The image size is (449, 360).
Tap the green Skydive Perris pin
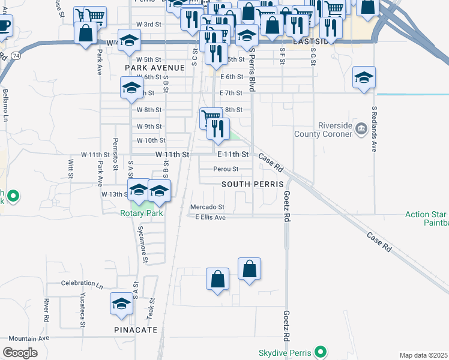pos(321,352)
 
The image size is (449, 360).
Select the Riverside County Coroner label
pos(323,130)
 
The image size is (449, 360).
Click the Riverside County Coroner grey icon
pos(361,127)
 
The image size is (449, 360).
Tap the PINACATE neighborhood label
pos(136,330)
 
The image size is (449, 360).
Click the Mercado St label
pos(207,207)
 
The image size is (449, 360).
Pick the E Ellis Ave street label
pos(210,217)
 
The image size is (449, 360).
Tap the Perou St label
pos(226,169)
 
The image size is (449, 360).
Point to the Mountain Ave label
pos(29,338)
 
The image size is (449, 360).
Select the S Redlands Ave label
pos(373,129)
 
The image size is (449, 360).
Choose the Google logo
pos(20,353)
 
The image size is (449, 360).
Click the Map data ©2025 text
pos(424,355)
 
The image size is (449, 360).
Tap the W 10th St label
pos(151,140)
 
